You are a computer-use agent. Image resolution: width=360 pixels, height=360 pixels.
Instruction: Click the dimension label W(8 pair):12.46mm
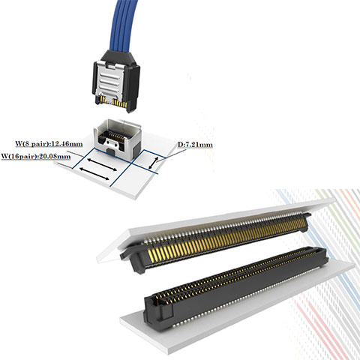[49, 144]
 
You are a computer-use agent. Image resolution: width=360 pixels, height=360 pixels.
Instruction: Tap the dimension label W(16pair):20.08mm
[36, 156]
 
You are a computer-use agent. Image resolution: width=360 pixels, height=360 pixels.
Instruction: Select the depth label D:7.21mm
[195, 145]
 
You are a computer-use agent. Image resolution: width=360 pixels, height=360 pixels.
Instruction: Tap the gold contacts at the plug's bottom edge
[114, 101]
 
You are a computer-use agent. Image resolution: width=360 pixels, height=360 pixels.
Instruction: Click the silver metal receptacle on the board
[118, 139]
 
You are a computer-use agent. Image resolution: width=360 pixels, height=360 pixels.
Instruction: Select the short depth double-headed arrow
[154, 163]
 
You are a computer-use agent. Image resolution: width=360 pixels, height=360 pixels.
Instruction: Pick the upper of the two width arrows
[102, 164]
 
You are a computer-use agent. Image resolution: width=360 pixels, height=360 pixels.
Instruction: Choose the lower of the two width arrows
[94, 174]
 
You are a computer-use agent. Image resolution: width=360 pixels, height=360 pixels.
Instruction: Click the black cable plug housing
[115, 81]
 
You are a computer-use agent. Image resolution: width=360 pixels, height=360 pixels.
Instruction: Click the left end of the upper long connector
[133, 260]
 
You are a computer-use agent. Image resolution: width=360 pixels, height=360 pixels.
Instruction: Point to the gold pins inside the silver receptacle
[115, 136]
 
